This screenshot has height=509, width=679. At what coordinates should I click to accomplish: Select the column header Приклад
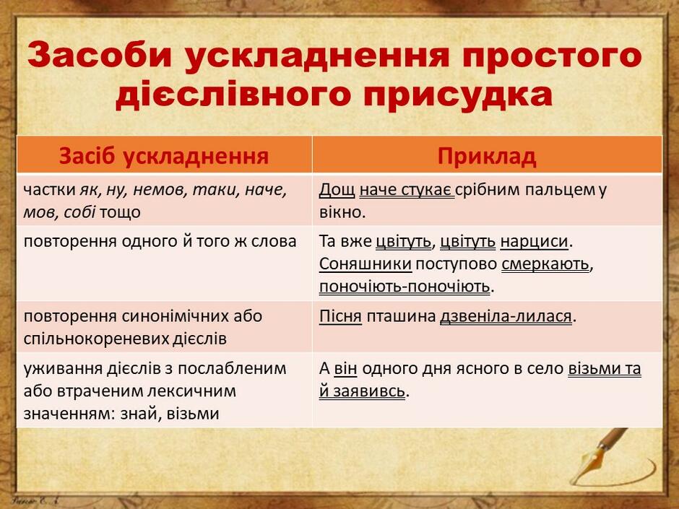[487, 156]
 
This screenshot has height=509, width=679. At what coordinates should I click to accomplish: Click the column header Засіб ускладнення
[164, 156]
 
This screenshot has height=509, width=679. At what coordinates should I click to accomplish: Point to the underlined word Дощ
[337, 190]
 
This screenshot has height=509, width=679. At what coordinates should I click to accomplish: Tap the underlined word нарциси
[534, 242]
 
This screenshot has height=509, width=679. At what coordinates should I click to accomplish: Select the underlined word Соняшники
[365, 264]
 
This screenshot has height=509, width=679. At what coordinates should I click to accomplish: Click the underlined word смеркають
[545, 264]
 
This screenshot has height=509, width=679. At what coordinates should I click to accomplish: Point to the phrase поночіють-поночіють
[405, 287]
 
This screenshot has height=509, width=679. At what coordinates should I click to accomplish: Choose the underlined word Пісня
[340, 316]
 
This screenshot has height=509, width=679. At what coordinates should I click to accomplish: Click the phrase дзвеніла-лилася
[506, 316]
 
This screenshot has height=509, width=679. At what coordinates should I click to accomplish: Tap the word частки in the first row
[49, 190]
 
